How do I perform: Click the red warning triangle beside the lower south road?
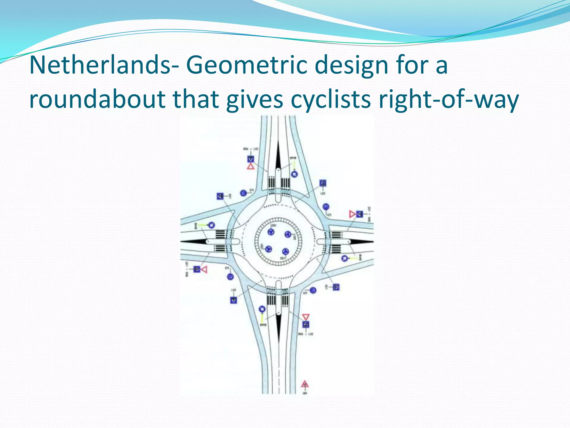(305, 384)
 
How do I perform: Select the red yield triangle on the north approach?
(250, 167)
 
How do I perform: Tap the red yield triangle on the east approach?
(352, 214)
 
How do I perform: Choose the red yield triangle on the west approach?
(205, 269)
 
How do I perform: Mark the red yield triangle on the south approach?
(306, 317)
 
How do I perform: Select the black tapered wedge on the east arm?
(360, 242)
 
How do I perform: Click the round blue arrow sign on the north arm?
(294, 174)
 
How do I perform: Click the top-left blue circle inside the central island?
(271, 232)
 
